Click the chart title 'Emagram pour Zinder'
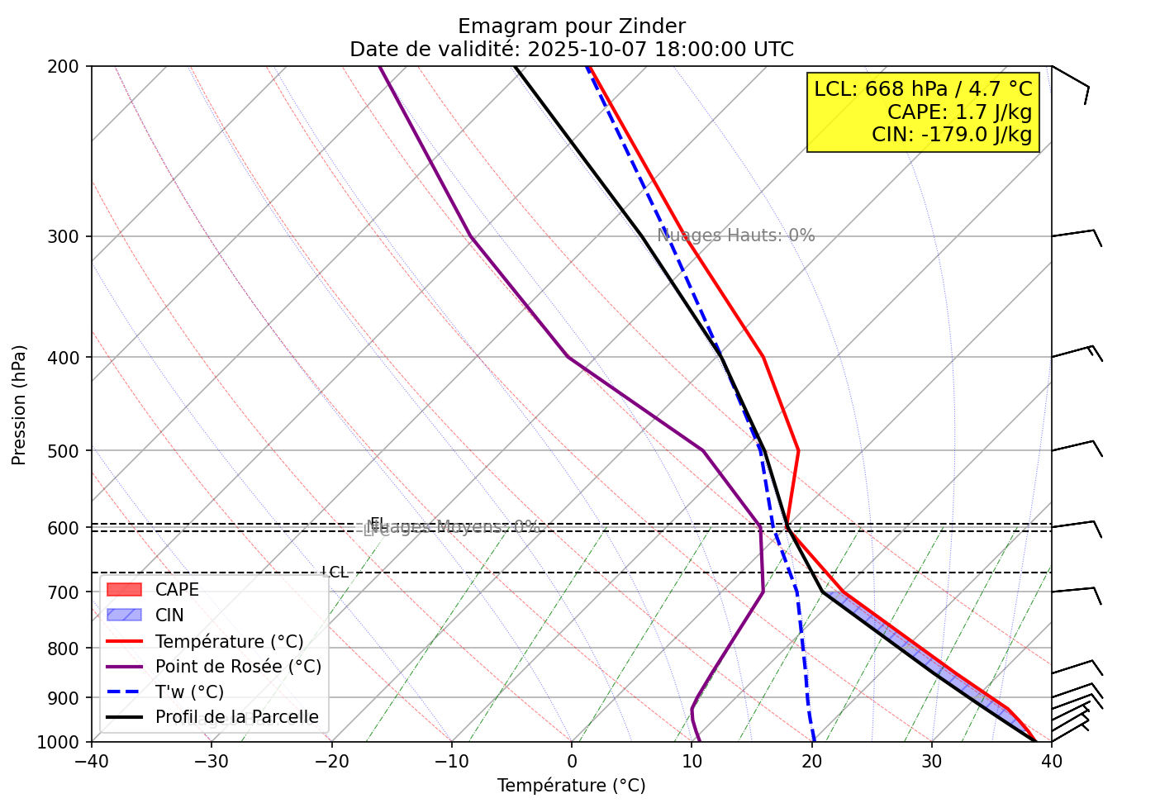point(571,26)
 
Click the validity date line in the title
point(571,50)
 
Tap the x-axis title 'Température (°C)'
point(571,786)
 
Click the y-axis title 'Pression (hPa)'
point(20,405)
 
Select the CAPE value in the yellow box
point(959,112)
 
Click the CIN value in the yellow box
point(952,135)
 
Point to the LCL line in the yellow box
point(923,89)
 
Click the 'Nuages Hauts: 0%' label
point(735,235)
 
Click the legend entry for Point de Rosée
point(238,667)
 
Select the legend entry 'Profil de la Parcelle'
point(236,717)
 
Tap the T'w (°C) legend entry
point(189,692)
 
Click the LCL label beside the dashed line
point(335,573)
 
